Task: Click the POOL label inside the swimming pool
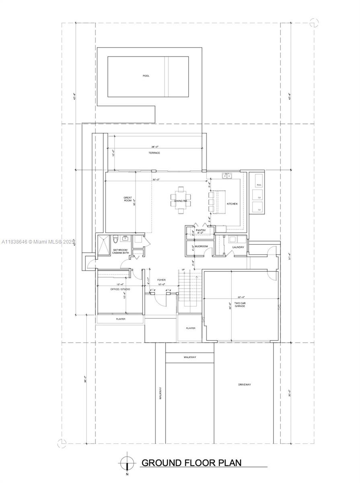click(x=146, y=76)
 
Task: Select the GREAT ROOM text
click(x=128, y=199)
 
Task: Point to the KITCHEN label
click(x=232, y=204)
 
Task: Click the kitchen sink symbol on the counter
click(x=227, y=175)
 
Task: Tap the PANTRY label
click(x=201, y=231)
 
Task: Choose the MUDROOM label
click(x=201, y=247)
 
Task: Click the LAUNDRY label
click(x=238, y=247)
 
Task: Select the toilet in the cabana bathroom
click(x=115, y=240)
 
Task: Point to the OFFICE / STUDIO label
click(x=120, y=289)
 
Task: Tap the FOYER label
click(x=161, y=280)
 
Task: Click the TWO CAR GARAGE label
click(x=240, y=304)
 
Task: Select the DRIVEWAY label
click(x=244, y=385)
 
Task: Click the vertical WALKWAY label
click(x=160, y=393)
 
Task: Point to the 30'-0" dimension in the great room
click(x=156, y=179)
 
